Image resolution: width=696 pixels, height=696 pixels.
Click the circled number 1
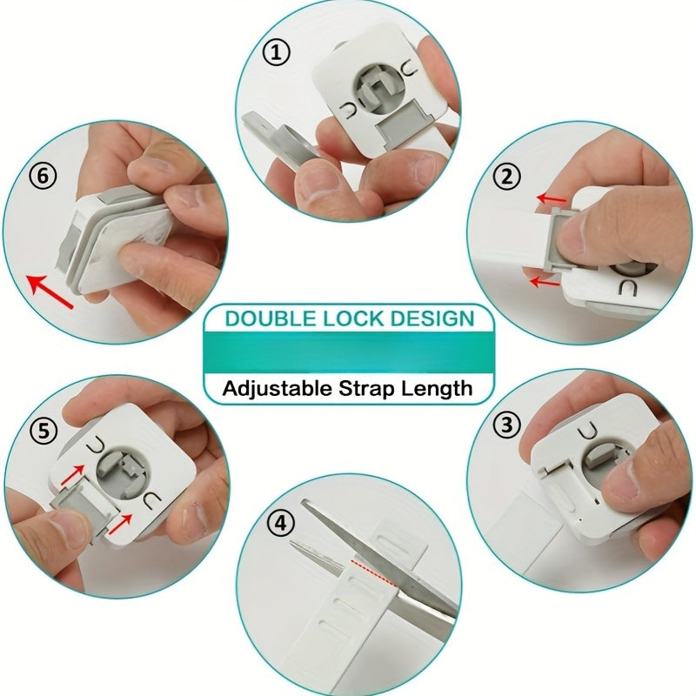[277, 54]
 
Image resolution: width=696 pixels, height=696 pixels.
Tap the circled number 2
[506, 177]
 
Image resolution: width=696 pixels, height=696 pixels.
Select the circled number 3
[506, 425]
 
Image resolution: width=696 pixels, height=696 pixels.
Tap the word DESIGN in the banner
[428, 317]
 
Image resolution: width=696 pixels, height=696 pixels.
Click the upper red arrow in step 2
[549, 200]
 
